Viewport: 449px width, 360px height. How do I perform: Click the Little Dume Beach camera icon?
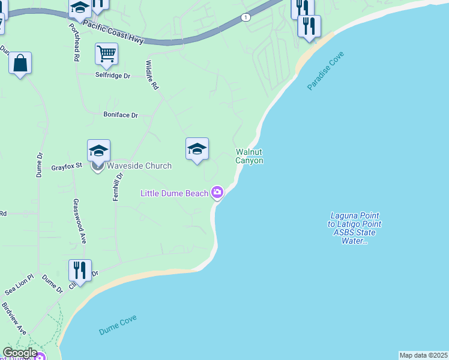[217, 193]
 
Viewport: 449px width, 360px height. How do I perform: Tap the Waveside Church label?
[139, 166]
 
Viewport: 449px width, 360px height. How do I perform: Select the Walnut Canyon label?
[249, 156]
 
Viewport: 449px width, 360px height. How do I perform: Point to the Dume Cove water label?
[118, 325]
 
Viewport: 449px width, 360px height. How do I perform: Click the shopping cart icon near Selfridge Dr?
[106, 54]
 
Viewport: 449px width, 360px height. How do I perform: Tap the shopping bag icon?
[20, 63]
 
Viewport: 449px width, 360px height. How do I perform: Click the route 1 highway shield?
[246, 17]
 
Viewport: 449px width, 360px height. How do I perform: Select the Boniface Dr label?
[121, 115]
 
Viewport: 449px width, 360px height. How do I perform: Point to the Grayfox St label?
[66, 166]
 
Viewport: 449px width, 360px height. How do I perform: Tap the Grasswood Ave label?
[79, 221]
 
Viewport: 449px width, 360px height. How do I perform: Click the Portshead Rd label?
[74, 43]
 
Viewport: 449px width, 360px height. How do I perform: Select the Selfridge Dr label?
[113, 76]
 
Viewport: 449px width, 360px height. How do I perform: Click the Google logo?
[19, 353]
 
